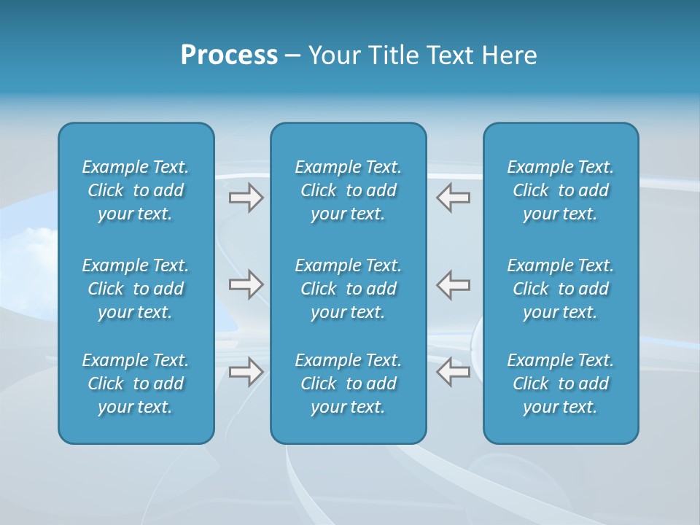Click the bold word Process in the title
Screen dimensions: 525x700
click(229, 55)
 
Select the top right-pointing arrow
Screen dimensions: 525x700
click(246, 198)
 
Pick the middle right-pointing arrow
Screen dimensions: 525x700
click(246, 284)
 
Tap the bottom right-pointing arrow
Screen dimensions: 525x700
click(246, 372)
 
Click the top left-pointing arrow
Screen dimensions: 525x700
click(453, 198)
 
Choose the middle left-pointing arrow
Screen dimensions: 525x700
click(453, 284)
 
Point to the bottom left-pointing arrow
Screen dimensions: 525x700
click(453, 372)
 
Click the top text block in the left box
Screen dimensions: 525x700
click(136, 190)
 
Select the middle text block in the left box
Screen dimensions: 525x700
click(136, 289)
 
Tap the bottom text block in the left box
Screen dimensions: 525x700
click(136, 384)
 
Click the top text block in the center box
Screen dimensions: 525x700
click(348, 190)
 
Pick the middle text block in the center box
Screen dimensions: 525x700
click(348, 289)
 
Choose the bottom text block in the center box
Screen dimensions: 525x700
click(348, 384)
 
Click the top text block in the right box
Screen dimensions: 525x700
click(560, 190)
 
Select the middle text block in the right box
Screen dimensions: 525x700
click(560, 289)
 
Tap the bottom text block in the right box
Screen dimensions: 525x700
click(560, 384)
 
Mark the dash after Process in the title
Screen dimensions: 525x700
click(293, 57)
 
